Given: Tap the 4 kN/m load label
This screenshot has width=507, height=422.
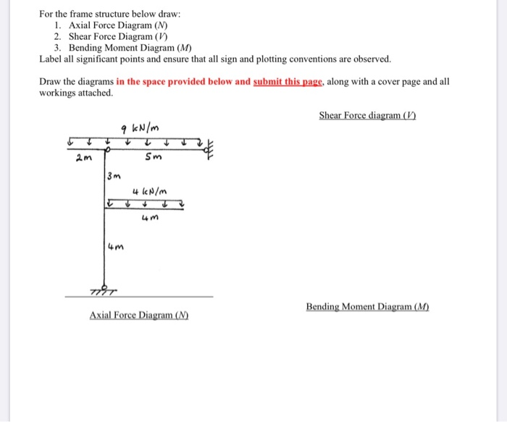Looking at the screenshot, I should pyautogui.click(x=151, y=191).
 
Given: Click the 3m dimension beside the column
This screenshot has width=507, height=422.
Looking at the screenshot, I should pyautogui.click(x=114, y=176).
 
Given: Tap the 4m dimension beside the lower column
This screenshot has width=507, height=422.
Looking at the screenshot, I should pyautogui.click(x=115, y=248).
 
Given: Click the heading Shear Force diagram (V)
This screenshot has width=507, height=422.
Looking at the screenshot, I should pyautogui.click(x=367, y=116).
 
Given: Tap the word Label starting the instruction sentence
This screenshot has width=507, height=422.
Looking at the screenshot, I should pyautogui.click(x=51, y=59).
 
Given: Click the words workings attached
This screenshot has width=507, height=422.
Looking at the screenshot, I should pyautogui.click(x=75, y=93).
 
